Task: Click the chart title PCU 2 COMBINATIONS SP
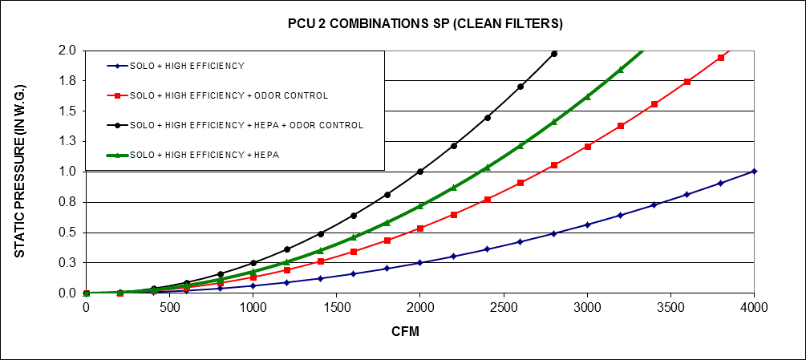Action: [x=425, y=24]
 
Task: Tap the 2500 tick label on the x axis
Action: [x=504, y=308]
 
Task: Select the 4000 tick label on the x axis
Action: [x=754, y=308]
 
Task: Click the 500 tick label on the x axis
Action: [x=169, y=308]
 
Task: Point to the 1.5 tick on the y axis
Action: [x=67, y=111]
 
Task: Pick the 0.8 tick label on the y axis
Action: [x=67, y=202]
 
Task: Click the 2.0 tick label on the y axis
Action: [x=67, y=51]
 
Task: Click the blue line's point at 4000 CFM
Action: [x=754, y=171]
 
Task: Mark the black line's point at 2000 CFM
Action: [x=420, y=171]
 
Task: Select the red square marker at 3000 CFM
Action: [x=587, y=147]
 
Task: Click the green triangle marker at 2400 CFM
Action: [x=487, y=168]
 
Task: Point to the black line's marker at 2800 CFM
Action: [x=554, y=54]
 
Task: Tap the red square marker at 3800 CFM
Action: [x=721, y=58]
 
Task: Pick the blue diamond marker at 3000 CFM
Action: [x=587, y=224]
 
